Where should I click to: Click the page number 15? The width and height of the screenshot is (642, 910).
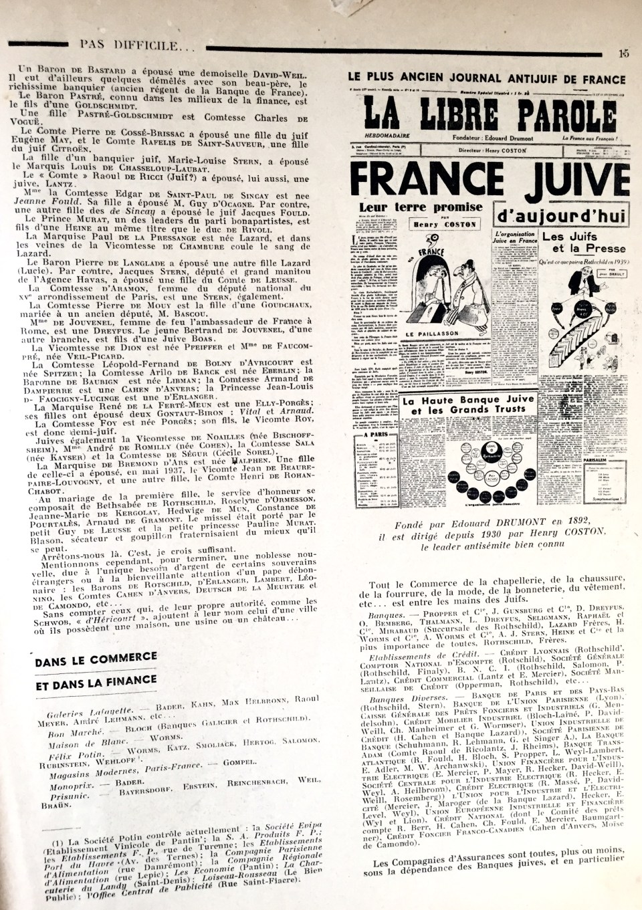pos(624,54)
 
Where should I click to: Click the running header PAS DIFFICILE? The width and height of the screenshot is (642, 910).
pos(129,45)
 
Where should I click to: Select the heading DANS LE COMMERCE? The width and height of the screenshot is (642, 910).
pos(96,660)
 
